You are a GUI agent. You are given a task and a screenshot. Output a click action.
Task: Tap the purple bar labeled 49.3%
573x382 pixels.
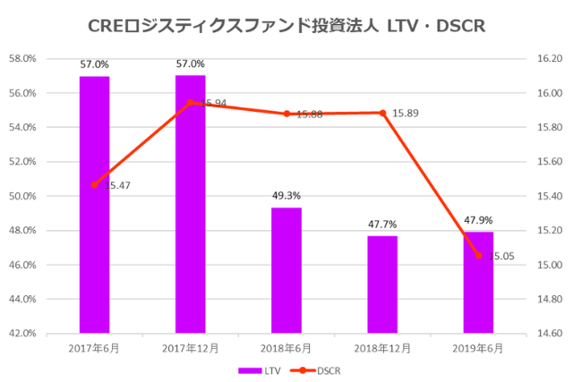[x=286, y=270]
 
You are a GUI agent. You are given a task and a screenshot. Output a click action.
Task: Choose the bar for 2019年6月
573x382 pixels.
[x=478, y=283]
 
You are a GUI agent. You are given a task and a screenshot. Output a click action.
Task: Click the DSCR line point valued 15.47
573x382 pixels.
[x=94, y=184]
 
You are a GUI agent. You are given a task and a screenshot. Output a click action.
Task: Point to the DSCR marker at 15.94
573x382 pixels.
[x=190, y=103]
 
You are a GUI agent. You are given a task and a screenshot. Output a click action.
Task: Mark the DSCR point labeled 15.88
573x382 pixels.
[x=286, y=114]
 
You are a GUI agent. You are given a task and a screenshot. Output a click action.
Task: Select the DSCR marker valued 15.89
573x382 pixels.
[x=382, y=113]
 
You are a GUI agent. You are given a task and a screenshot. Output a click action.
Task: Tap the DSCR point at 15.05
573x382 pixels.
[x=478, y=256]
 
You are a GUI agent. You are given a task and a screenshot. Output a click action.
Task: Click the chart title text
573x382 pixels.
[x=286, y=26]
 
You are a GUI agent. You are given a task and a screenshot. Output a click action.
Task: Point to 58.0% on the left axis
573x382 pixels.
[x=21, y=59]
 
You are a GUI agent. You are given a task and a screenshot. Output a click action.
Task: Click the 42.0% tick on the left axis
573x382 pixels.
[x=21, y=334]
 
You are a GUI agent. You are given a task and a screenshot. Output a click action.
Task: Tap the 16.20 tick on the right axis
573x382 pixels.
[x=549, y=59]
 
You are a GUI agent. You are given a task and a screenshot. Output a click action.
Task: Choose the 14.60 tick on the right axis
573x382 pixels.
[x=549, y=334]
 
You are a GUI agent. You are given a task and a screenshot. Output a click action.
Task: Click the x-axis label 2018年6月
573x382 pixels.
[x=286, y=347]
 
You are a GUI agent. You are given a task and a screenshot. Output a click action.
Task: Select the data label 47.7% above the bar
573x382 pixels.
[x=382, y=225]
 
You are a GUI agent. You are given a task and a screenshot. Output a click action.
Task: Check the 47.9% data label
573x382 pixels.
[x=478, y=220]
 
